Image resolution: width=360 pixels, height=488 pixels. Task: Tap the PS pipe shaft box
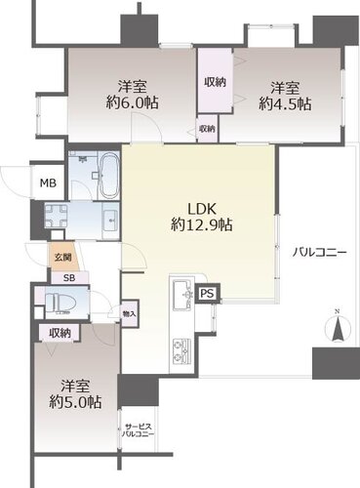click(208, 294)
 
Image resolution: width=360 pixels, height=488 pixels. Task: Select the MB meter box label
click(48, 183)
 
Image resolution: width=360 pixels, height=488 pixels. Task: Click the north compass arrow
click(338, 328)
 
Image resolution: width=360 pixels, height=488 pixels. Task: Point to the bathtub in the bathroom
click(109, 176)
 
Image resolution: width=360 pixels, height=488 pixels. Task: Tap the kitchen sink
click(181, 295)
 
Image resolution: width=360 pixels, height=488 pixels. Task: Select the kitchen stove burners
click(181, 350)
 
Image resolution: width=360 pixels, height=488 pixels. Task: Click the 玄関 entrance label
click(62, 258)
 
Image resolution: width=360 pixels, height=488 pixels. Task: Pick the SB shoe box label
click(69, 278)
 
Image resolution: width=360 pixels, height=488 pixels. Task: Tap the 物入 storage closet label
click(129, 313)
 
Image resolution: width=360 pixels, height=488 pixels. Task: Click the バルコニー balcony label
click(319, 253)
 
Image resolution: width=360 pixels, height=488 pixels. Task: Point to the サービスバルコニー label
click(138, 430)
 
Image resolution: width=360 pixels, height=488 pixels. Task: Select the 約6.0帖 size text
click(133, 103)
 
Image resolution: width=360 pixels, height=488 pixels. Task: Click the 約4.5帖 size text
click(285, 104)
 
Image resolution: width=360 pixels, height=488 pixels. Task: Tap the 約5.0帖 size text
click(75, 402)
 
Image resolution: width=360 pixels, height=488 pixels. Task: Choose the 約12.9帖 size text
click(202, 224)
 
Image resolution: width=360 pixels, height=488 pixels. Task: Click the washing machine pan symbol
click(57, 216)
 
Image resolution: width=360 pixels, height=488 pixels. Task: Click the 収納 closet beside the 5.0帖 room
click(60, 333)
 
